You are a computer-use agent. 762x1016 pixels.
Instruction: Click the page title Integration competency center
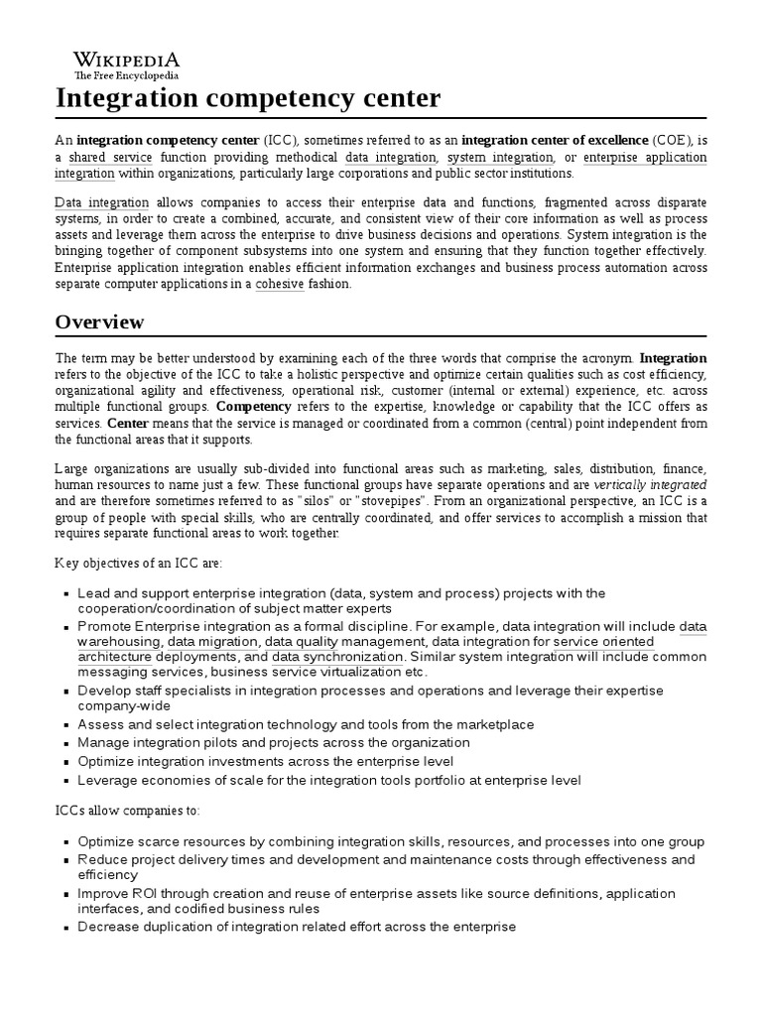click(x=248, y=98)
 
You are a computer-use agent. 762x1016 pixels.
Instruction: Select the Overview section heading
click(x=99, y=321)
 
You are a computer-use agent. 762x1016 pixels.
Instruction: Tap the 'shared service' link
click(x=110, y=158)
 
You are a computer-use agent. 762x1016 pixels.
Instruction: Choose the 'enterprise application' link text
click(x=645, y=158)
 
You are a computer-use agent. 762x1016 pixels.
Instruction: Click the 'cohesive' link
click(x=279, y=284)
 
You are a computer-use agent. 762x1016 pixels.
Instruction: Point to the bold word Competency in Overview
click(x=253, y=407)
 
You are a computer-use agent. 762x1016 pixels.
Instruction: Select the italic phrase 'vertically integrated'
click(x=650, y=485)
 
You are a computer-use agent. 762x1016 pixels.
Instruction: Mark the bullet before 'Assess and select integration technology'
click(x=66, y=725)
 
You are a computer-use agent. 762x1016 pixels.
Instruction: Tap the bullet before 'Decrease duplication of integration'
click(x=66, y=928)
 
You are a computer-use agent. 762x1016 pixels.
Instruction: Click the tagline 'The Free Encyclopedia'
click(x=126, y=75)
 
